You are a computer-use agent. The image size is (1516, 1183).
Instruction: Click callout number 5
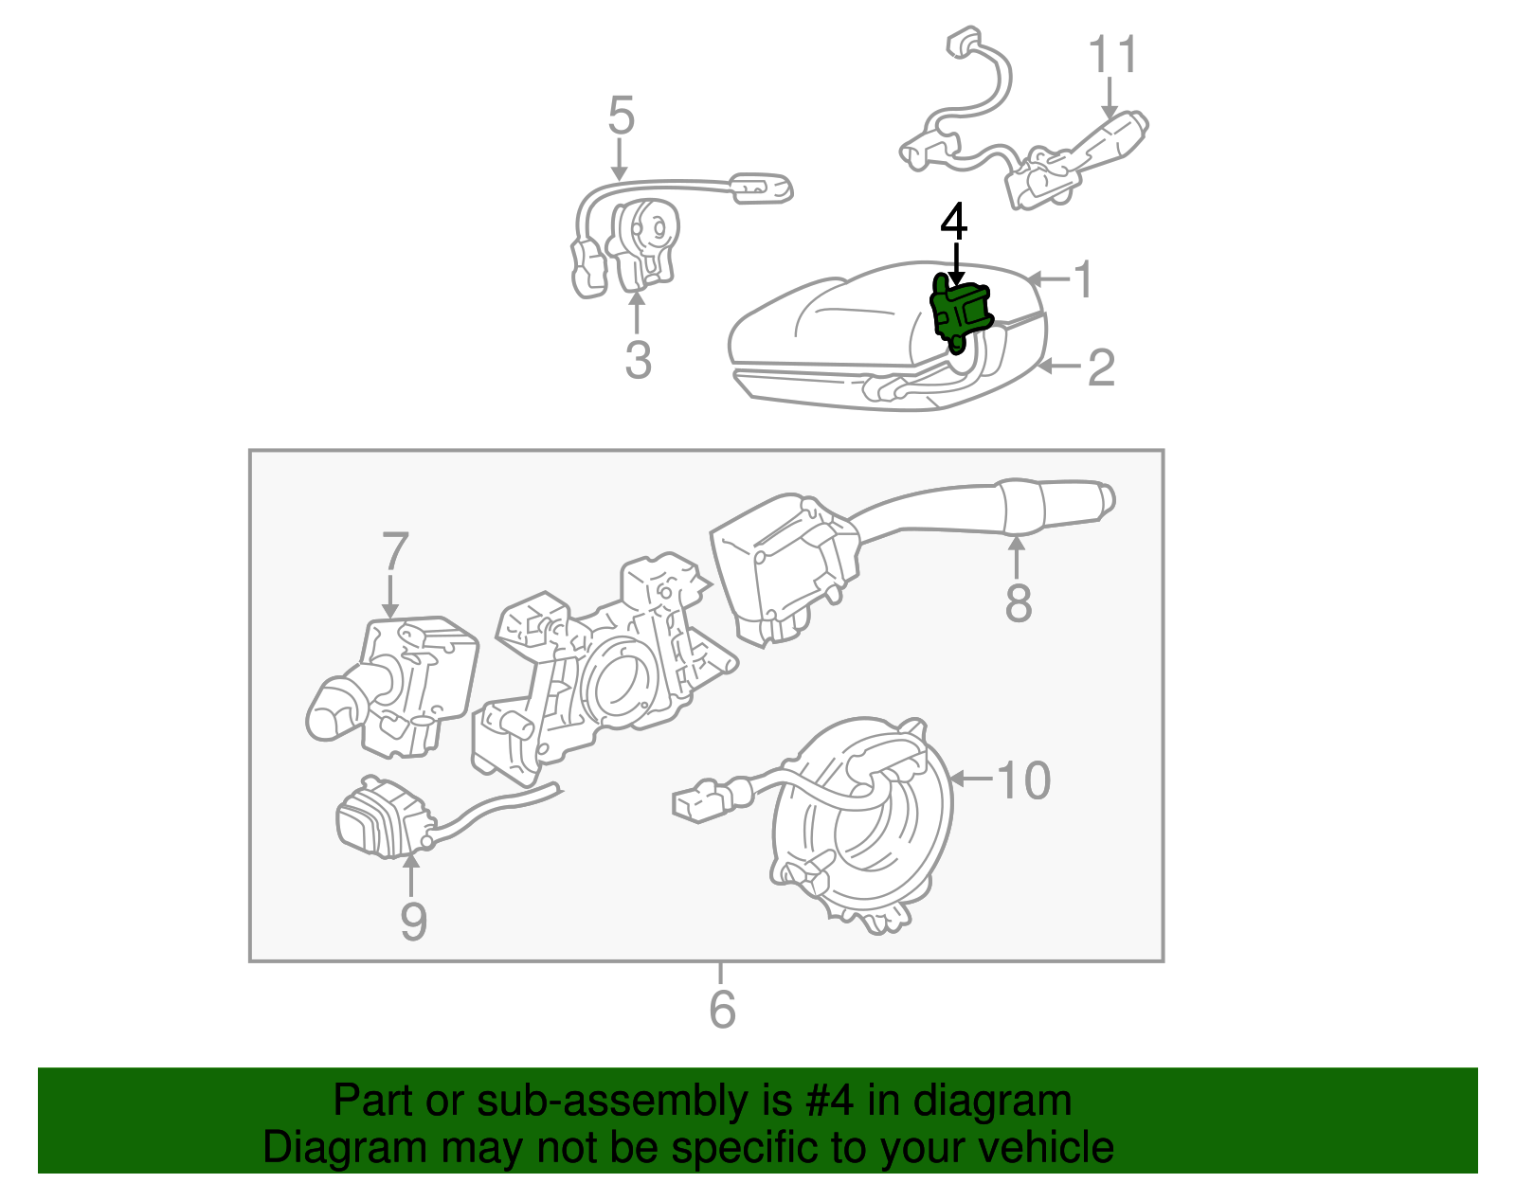pos(621,117)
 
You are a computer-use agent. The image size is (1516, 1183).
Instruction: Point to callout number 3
pos(638,361)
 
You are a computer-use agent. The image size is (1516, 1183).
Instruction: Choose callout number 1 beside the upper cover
pos(1083,279)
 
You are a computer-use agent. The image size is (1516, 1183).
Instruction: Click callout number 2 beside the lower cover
pos(1100,367)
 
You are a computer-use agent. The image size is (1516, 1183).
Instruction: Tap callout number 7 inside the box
pos(394,553)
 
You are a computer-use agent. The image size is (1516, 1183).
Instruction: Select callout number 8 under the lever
pos(1018,602)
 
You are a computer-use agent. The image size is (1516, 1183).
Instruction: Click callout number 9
pos(413,922)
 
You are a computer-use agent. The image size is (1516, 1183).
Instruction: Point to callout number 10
pos(1023,780)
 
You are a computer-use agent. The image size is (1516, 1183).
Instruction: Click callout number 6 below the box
pos(722,1010)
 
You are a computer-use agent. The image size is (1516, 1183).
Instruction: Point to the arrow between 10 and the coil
pos(970,779)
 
